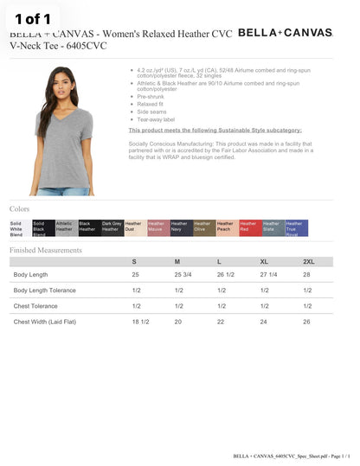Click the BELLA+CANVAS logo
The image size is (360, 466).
(285, 33)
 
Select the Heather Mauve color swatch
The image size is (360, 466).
(157, 228)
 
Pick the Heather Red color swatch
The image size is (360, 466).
(250, 228)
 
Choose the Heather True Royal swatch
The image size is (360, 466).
(296, 228)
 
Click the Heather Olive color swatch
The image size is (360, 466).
(204, 228)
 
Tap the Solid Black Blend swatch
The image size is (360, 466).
(43, 228)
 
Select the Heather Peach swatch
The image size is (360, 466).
(227, 228)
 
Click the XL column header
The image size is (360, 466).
(264, 261)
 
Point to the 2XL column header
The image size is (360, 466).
(308, 261)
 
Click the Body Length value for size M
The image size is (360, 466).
(183, 275)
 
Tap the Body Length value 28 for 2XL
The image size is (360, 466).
(306, 275)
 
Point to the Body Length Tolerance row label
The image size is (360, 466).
(44, 290)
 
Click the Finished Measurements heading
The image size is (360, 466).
(46, 250)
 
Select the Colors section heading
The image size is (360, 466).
(20, 209)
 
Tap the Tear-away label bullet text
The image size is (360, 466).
(156, 119)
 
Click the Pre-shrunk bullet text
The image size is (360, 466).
(151, 96)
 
